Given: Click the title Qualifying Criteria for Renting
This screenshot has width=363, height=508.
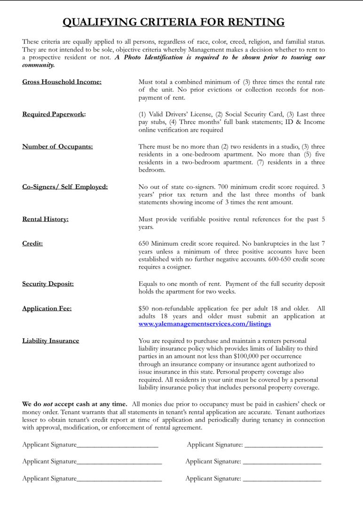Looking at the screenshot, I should pyautogui.click(x=174, y=22).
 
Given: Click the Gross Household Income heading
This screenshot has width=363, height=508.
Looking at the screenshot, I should pyautogui.click(x=62, y=82).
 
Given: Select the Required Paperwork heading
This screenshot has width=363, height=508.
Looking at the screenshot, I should pyautogui.click(x=54, y=114).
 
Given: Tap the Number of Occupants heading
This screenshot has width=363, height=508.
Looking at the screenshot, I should pyautogui.click(x=57, y=146).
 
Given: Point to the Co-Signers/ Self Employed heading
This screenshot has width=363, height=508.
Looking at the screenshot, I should pyautogui.click(x=65, y=187).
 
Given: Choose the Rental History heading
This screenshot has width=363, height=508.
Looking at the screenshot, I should pyautogui.click(x=45, y=219).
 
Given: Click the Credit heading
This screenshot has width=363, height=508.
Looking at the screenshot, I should pyautogui.click(x=32, y=244).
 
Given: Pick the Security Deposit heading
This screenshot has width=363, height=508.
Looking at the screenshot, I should pyautogui.click(x=48, y=284).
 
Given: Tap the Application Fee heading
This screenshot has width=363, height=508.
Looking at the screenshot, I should pyautogui.click(x=47, y=309).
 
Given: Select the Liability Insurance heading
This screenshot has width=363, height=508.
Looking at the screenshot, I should pyautogui.click(x=50, y=341).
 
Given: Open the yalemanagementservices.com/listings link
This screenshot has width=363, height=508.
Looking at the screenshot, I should pyautogui.click(x=205, y=324).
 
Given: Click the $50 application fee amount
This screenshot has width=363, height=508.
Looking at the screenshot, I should pyautogui.click(x=143, y=309).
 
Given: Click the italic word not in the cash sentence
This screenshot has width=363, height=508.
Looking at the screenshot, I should pyautogui.click(x=48, y=404).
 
